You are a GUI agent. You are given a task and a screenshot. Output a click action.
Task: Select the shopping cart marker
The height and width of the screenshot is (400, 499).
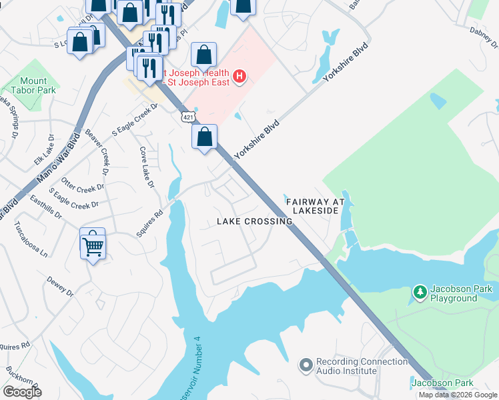(x=93, y=245)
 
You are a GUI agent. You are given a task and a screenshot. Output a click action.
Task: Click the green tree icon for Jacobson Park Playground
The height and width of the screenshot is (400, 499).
(x=420, y=293)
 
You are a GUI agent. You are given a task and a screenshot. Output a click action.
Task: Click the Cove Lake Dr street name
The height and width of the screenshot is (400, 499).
(x=147, y=167)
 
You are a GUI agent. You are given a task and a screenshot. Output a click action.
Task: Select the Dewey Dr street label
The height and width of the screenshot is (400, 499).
(x=59, y=283)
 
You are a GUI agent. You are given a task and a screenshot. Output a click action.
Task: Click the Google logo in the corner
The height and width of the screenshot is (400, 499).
(x=22, y=392)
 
